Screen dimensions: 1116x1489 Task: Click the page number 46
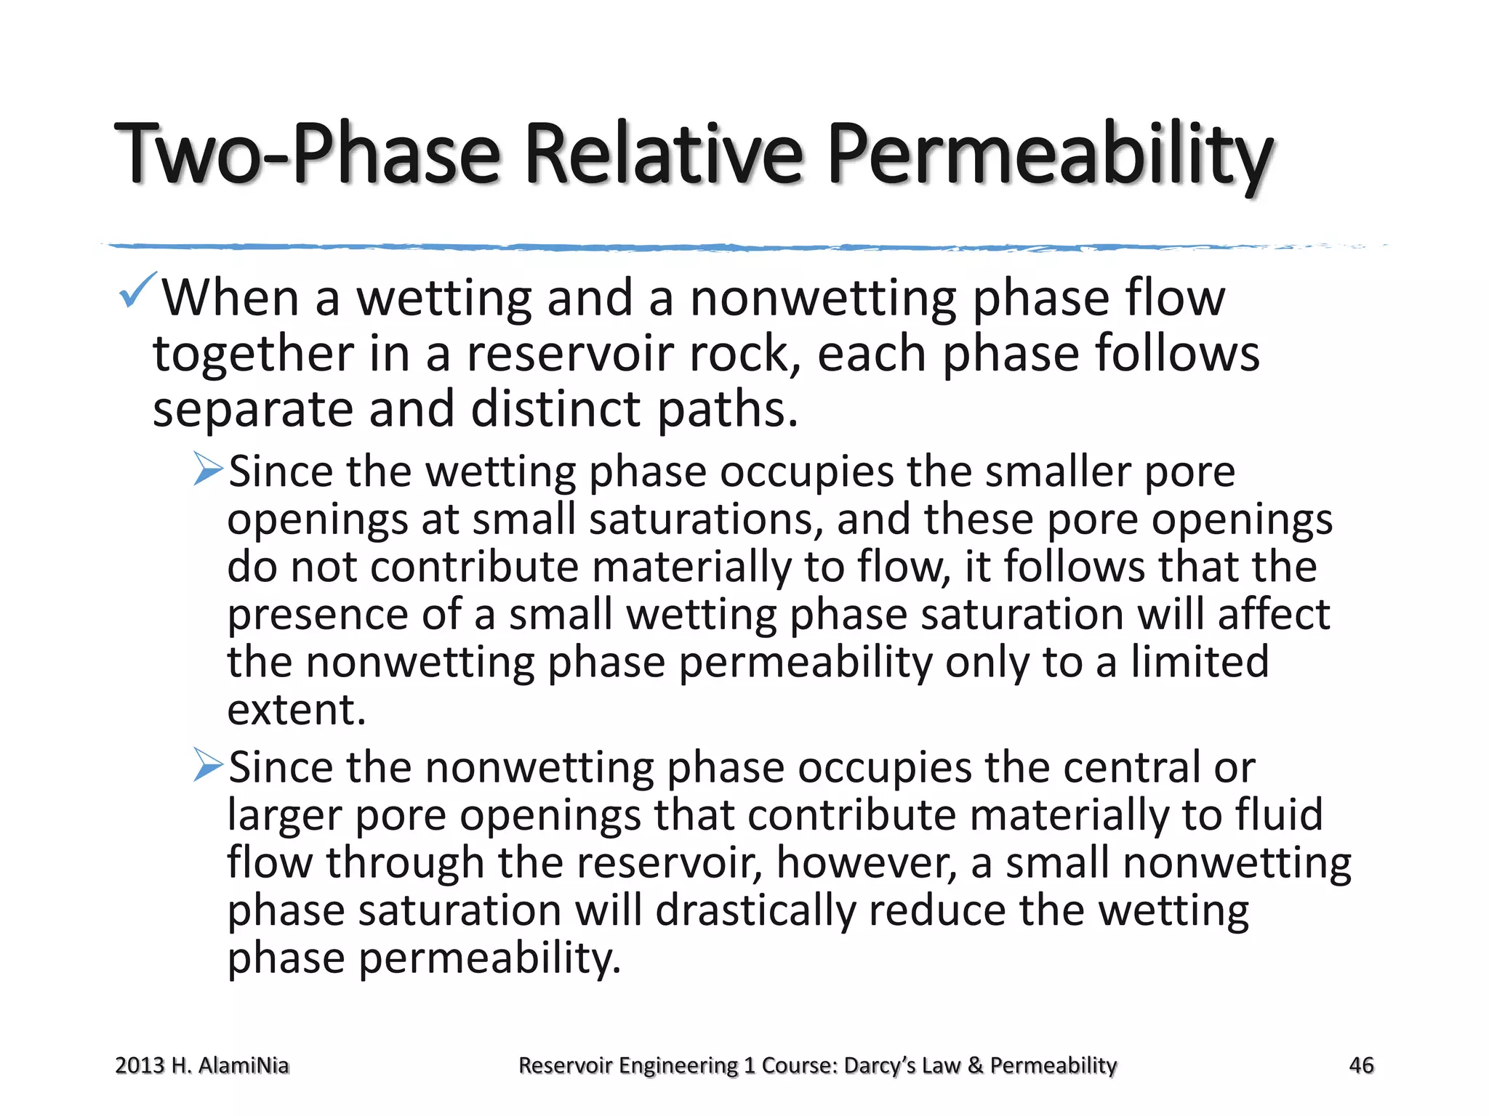click(x=1361, y=1065)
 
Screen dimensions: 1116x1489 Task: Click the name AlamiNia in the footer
click(x=244, y=1065)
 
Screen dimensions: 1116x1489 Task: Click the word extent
click(x=296, y=709)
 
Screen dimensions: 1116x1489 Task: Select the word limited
click(x=1200, y=662)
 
